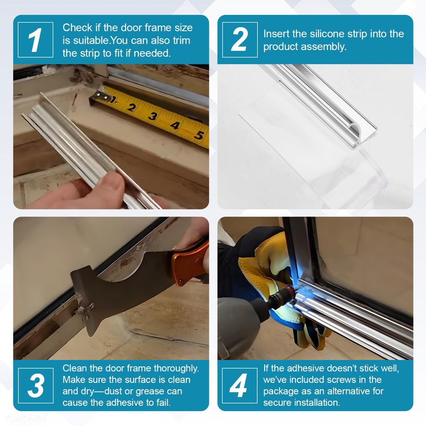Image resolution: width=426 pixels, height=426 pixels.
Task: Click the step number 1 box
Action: (36, 40)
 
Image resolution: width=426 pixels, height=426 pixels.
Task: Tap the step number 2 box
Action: (240, 40)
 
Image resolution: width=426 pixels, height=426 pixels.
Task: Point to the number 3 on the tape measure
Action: (153, 116)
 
